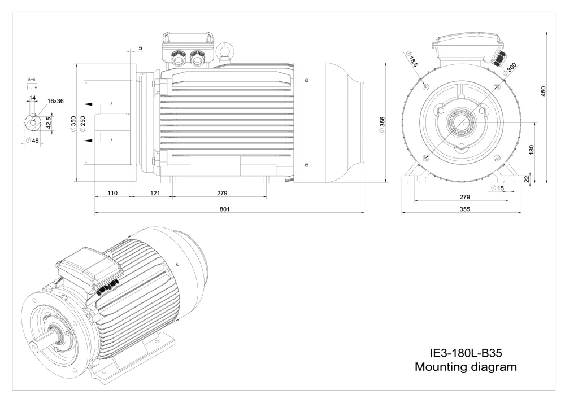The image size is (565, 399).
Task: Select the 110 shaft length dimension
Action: pos(112,193)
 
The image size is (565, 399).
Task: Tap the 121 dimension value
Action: pos(155,193)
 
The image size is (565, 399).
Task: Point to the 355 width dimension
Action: pos(463,209)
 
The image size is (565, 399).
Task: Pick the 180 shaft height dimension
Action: pos(531,150)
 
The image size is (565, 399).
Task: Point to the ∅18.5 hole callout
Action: pos(412,59)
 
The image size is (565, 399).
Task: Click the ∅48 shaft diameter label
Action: pos(33,141)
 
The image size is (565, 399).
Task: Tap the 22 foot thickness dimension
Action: pos(526,179)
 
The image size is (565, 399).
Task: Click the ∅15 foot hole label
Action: pos(497,188)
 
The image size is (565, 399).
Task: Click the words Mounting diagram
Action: pos(466,367)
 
